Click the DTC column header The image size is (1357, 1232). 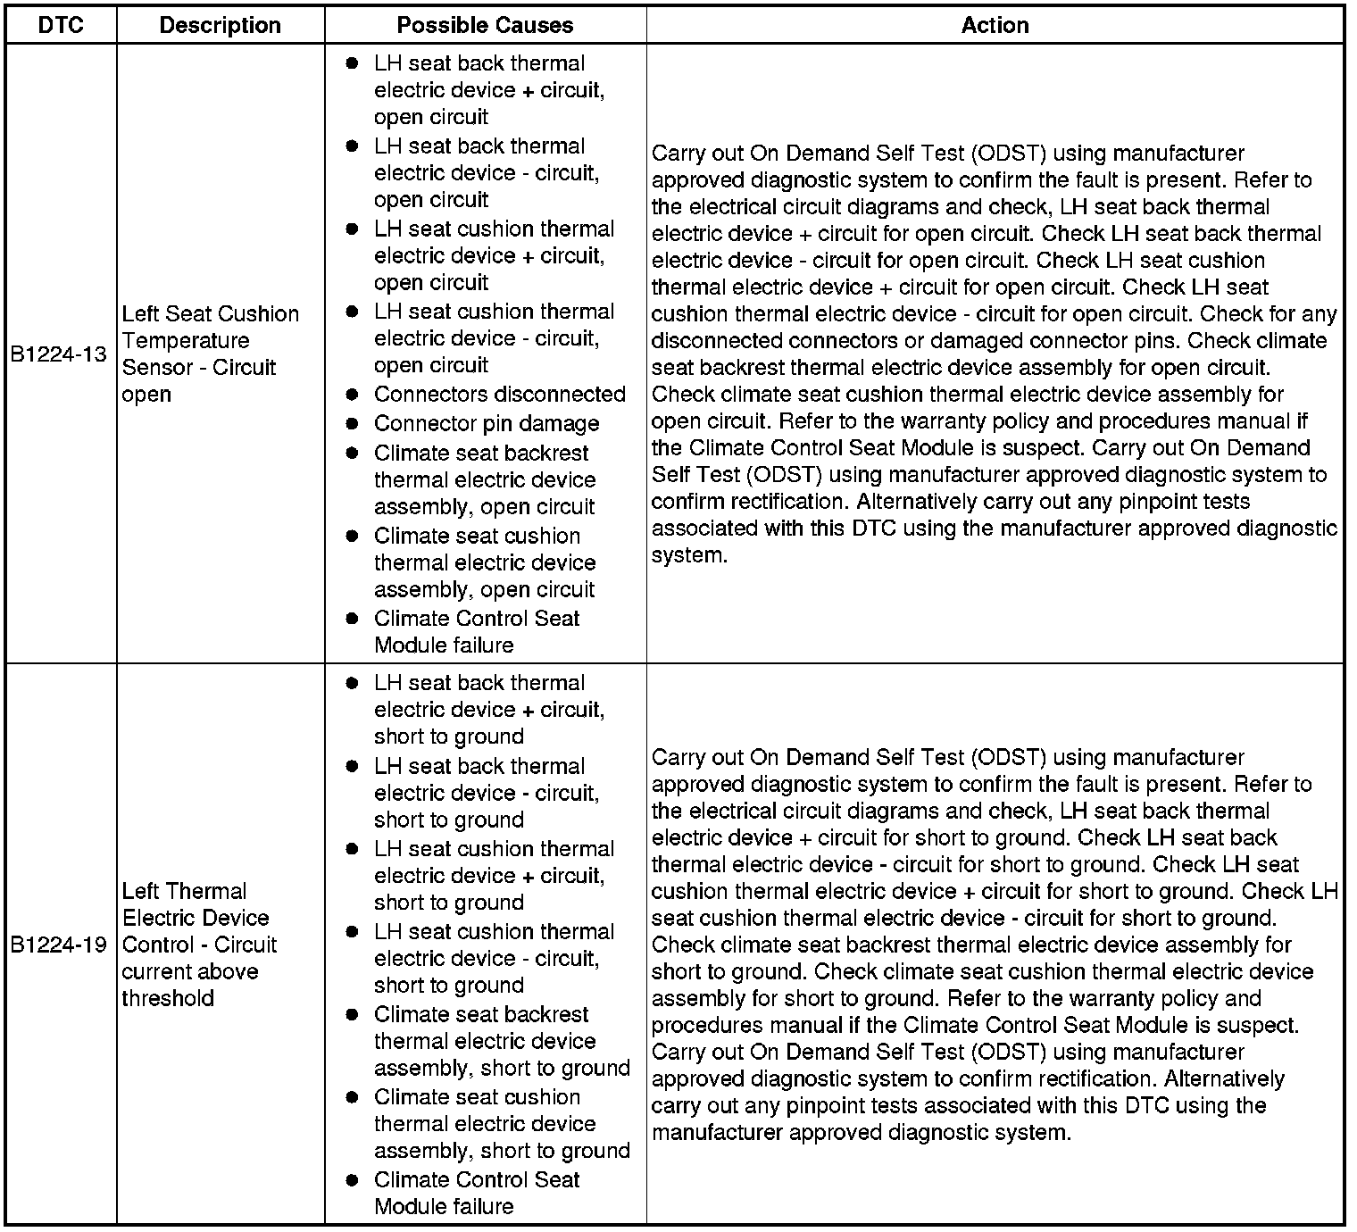click(x=61, y=25)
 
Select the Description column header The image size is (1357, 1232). click(x=220, y=25)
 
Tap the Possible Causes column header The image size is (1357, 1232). click(x=485, y=25)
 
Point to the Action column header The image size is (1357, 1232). click(x=995, y=25)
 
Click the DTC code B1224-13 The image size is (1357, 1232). click(x=59, y=354)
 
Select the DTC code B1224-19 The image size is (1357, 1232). click(x=59, y=945)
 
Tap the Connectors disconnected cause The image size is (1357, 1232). click(x=499, y=395)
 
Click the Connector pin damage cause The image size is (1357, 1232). click(x=487, y=424)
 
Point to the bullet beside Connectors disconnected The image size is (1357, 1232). click(x=353, y=395)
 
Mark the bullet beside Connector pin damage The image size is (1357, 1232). click(x=353, y=424)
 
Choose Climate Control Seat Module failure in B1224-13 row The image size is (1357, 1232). click(x=477, y=632)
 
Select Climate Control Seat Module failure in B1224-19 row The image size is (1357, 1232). click(x=477, y=1194)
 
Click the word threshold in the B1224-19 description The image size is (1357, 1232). click(x=168, y=998)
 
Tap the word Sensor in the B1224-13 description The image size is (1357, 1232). click(x=154, y=368)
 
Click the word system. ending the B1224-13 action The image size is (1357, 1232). click(x=689, y=555)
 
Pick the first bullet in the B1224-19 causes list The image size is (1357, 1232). click(x=353, y=683)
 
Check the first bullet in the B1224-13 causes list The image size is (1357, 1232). click(x=353, y=63)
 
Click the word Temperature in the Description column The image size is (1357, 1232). click(x=186, y=341)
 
